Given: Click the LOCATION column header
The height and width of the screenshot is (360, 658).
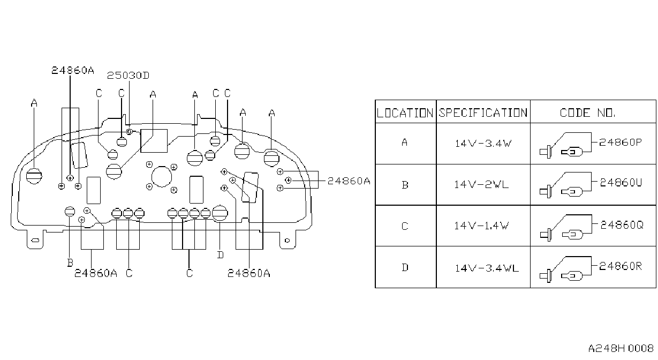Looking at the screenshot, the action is pos(405,113).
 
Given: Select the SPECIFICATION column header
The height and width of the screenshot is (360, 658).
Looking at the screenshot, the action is pos(483,113).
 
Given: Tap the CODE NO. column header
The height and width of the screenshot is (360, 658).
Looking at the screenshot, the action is pos(587,113).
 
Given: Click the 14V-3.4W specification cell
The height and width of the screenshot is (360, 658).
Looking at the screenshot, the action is pos(483,144).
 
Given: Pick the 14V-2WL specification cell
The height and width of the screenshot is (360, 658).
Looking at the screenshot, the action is pos(481,185).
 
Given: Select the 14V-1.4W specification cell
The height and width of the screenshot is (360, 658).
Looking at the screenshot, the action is pos(481,226).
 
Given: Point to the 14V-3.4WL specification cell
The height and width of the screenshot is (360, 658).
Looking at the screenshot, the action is pos(487,268).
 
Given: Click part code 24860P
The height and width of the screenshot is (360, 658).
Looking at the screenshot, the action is pos(621,142).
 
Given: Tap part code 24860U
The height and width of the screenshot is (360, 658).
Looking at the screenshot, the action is pos(621,183).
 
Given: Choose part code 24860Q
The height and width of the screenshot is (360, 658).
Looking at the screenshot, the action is pos(622,225).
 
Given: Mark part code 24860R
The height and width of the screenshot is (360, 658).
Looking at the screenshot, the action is pos(621,266).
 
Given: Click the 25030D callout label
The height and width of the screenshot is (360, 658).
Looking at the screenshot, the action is pos(128,76).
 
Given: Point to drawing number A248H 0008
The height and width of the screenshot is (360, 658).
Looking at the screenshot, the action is pos(621,348).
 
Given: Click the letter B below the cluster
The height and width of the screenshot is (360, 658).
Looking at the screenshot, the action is pos(70,262).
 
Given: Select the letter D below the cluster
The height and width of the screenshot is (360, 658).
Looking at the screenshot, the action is pos(220,255).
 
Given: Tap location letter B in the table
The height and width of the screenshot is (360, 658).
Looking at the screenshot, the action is pos(405,185).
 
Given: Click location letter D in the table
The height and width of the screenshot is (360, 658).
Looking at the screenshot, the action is pos(405,268).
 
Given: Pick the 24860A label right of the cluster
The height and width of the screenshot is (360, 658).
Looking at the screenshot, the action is pos(349,181).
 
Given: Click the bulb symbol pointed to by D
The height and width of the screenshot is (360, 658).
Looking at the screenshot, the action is pos(220,213).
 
